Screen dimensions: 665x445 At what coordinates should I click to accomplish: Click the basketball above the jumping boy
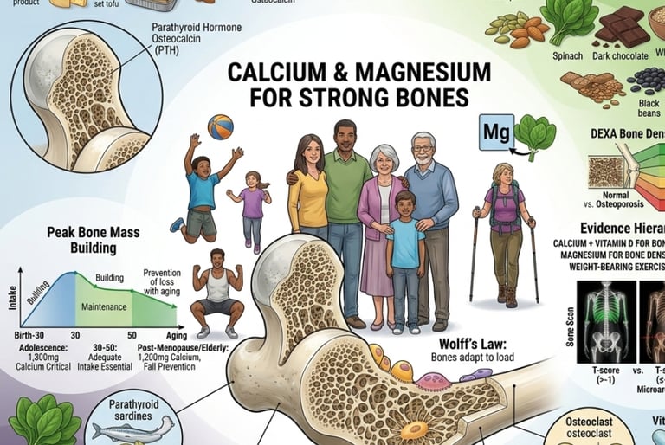click(220, 127)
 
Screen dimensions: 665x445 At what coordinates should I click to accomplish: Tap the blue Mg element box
click(495, 133)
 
